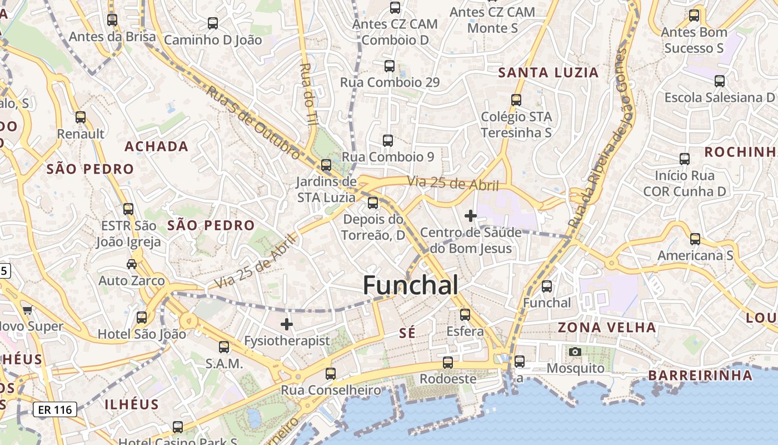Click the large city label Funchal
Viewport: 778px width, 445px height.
[x=411, y=285]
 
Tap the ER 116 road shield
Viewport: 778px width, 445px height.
[x=54, y=410]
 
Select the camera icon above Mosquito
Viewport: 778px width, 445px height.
[x=575, y=352]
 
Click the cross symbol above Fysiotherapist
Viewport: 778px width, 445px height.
[x=287, y=324]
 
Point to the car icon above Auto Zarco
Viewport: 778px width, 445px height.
[x=132, y=264]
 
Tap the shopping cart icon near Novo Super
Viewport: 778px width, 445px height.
[x=27, y=309]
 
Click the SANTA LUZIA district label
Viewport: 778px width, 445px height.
[x=548, y=72]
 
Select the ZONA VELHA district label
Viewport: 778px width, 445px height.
[x=607, y=327]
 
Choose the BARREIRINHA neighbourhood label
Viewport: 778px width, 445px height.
[x=700, y=375]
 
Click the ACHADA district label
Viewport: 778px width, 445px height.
[x=156, y=146]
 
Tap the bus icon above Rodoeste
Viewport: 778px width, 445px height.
[x=447, y=363]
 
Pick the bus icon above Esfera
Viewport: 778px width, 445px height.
[x=465, y=315]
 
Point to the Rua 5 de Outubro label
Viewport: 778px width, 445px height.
[x=253, y=121]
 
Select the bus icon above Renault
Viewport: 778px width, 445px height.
[x=81, y=117]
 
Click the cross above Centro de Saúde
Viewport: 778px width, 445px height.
[x=471, y=215]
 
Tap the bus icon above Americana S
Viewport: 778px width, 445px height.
[x=695, y=239]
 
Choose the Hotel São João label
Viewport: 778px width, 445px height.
[x=142, y=334]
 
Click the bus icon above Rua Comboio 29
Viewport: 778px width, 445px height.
[x=390, y=66]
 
